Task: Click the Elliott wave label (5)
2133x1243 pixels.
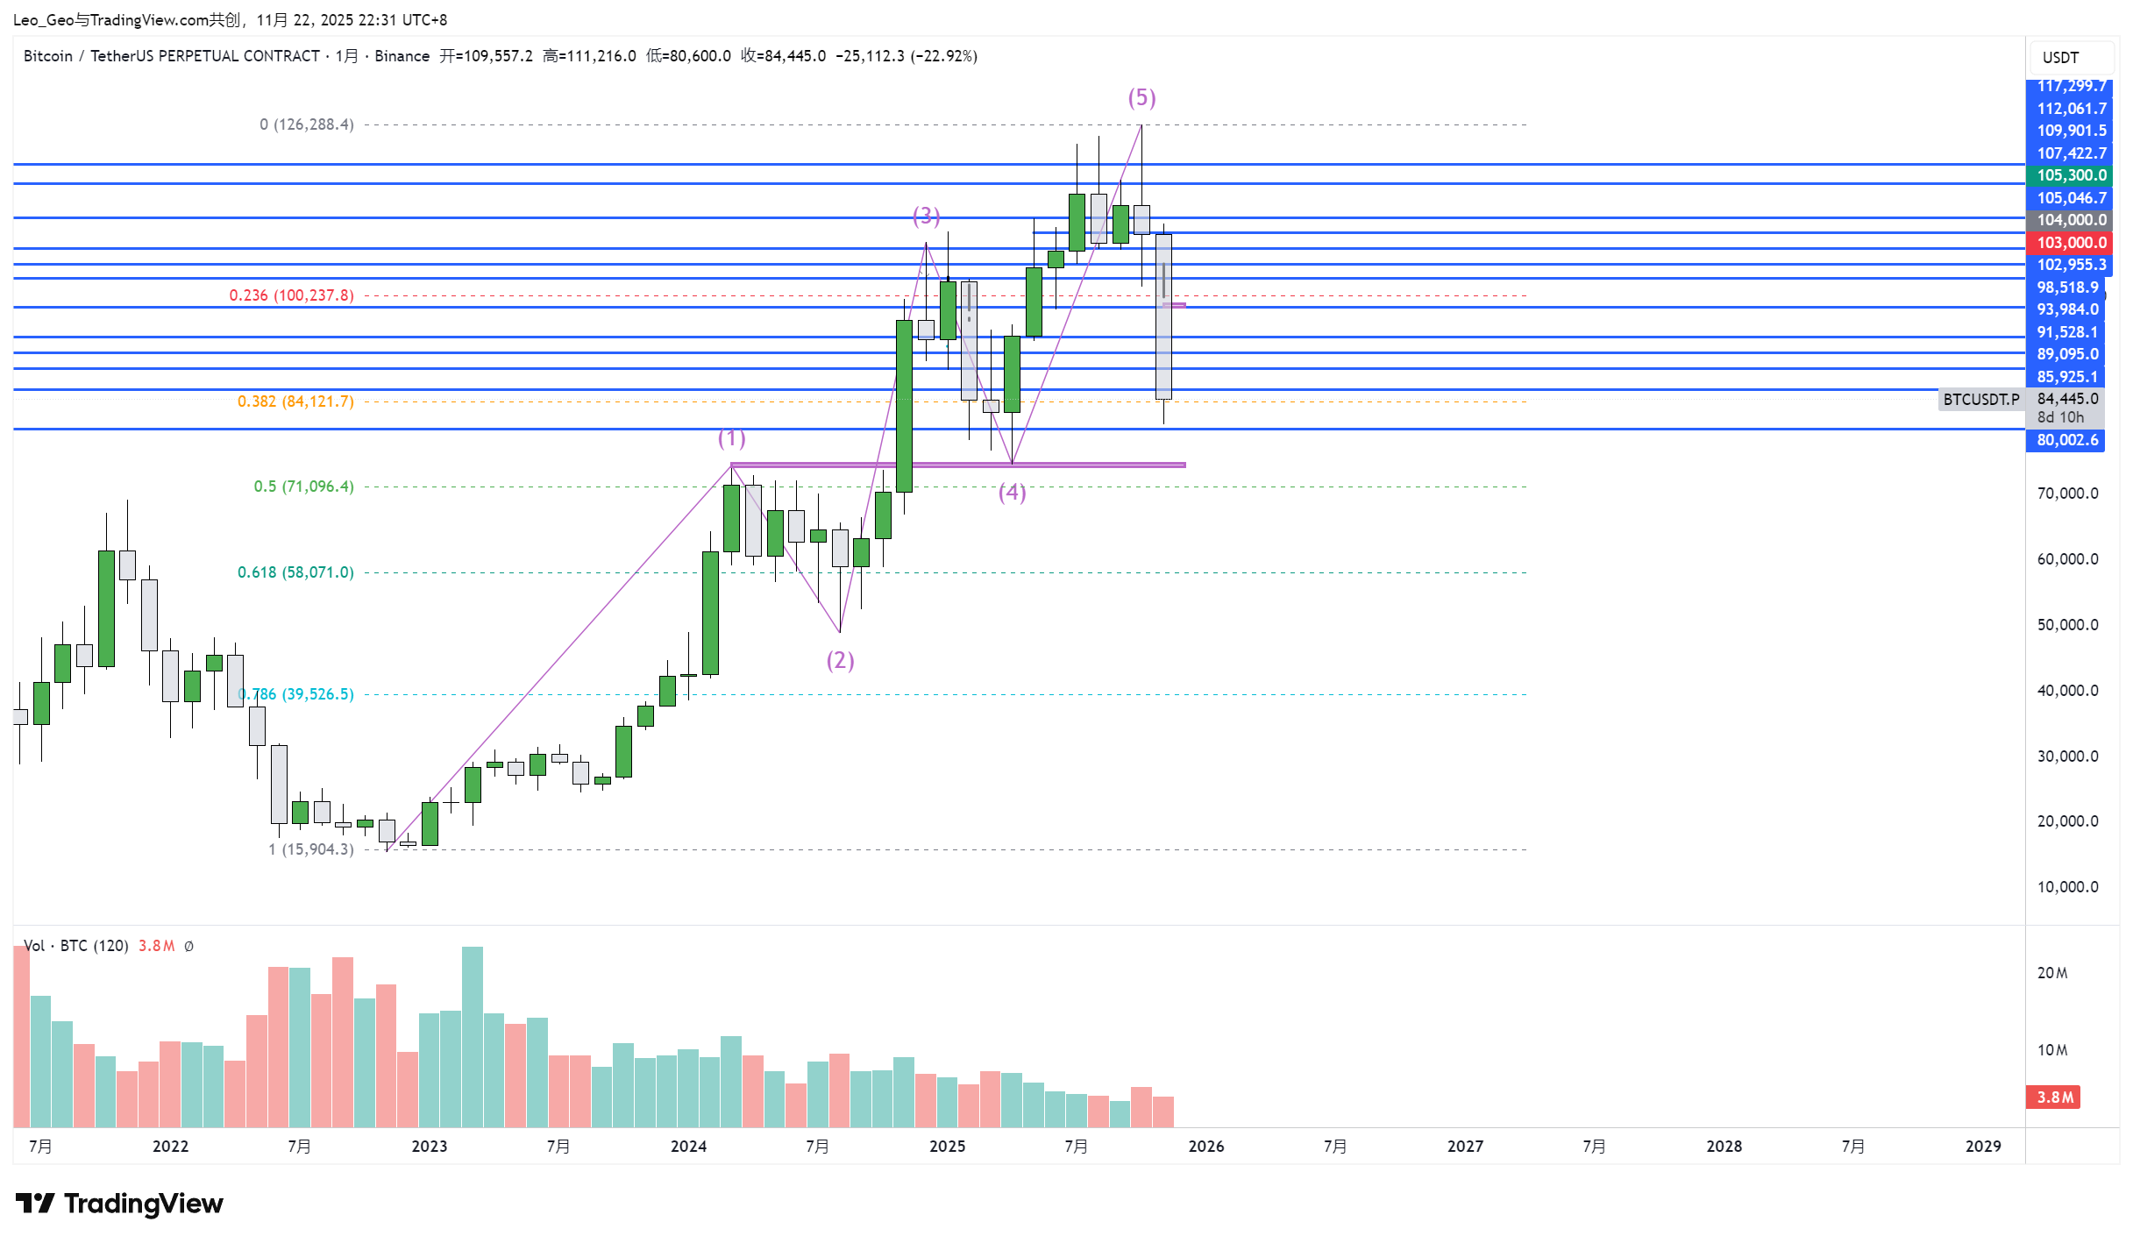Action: pos(1141,97)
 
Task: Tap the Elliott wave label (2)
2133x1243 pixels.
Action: pos(840,660)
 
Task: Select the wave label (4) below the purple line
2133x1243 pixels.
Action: pos(1012,493)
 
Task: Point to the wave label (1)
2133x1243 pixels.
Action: pos(731,437)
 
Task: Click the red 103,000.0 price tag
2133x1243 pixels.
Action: pos(2070,243)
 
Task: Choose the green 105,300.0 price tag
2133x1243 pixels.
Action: pos(2070,175)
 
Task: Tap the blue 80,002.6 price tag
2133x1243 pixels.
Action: pos(2066,440)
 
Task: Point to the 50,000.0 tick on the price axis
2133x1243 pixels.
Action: pos(2066,625)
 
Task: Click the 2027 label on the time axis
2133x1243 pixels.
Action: pos(1465,1146)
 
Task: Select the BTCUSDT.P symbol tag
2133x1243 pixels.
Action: pos(1980,400)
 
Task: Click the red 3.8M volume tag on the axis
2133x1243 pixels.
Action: pos(2053,1097)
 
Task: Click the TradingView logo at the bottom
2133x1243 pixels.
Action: pos(119,1204)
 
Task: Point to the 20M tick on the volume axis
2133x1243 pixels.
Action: pos(2051,973)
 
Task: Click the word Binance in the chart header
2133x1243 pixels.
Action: pos(402,56)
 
